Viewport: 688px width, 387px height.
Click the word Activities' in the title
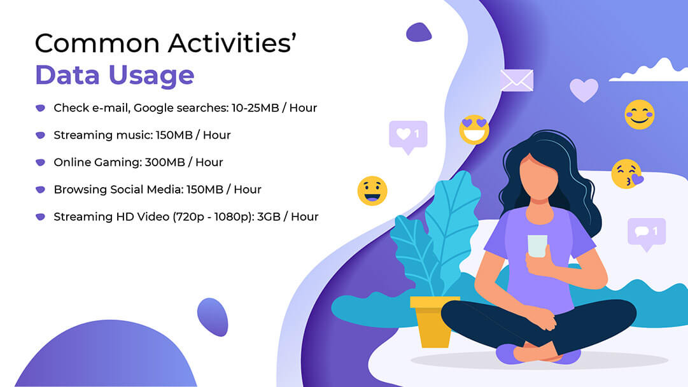232,43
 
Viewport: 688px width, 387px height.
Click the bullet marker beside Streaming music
40,135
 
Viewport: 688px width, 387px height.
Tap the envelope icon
516,80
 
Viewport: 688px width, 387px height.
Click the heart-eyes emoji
474,130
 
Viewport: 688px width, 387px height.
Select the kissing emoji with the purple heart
627,174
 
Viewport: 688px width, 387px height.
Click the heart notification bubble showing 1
408,137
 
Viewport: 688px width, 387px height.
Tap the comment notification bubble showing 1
647,234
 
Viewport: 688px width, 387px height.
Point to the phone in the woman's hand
537,246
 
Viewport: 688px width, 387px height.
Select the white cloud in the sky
649,71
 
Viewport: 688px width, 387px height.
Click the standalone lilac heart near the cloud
584,90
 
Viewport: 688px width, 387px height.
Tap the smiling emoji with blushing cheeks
639,115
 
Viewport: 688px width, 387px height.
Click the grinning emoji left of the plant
372,191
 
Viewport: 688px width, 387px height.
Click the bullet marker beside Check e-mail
40,108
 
